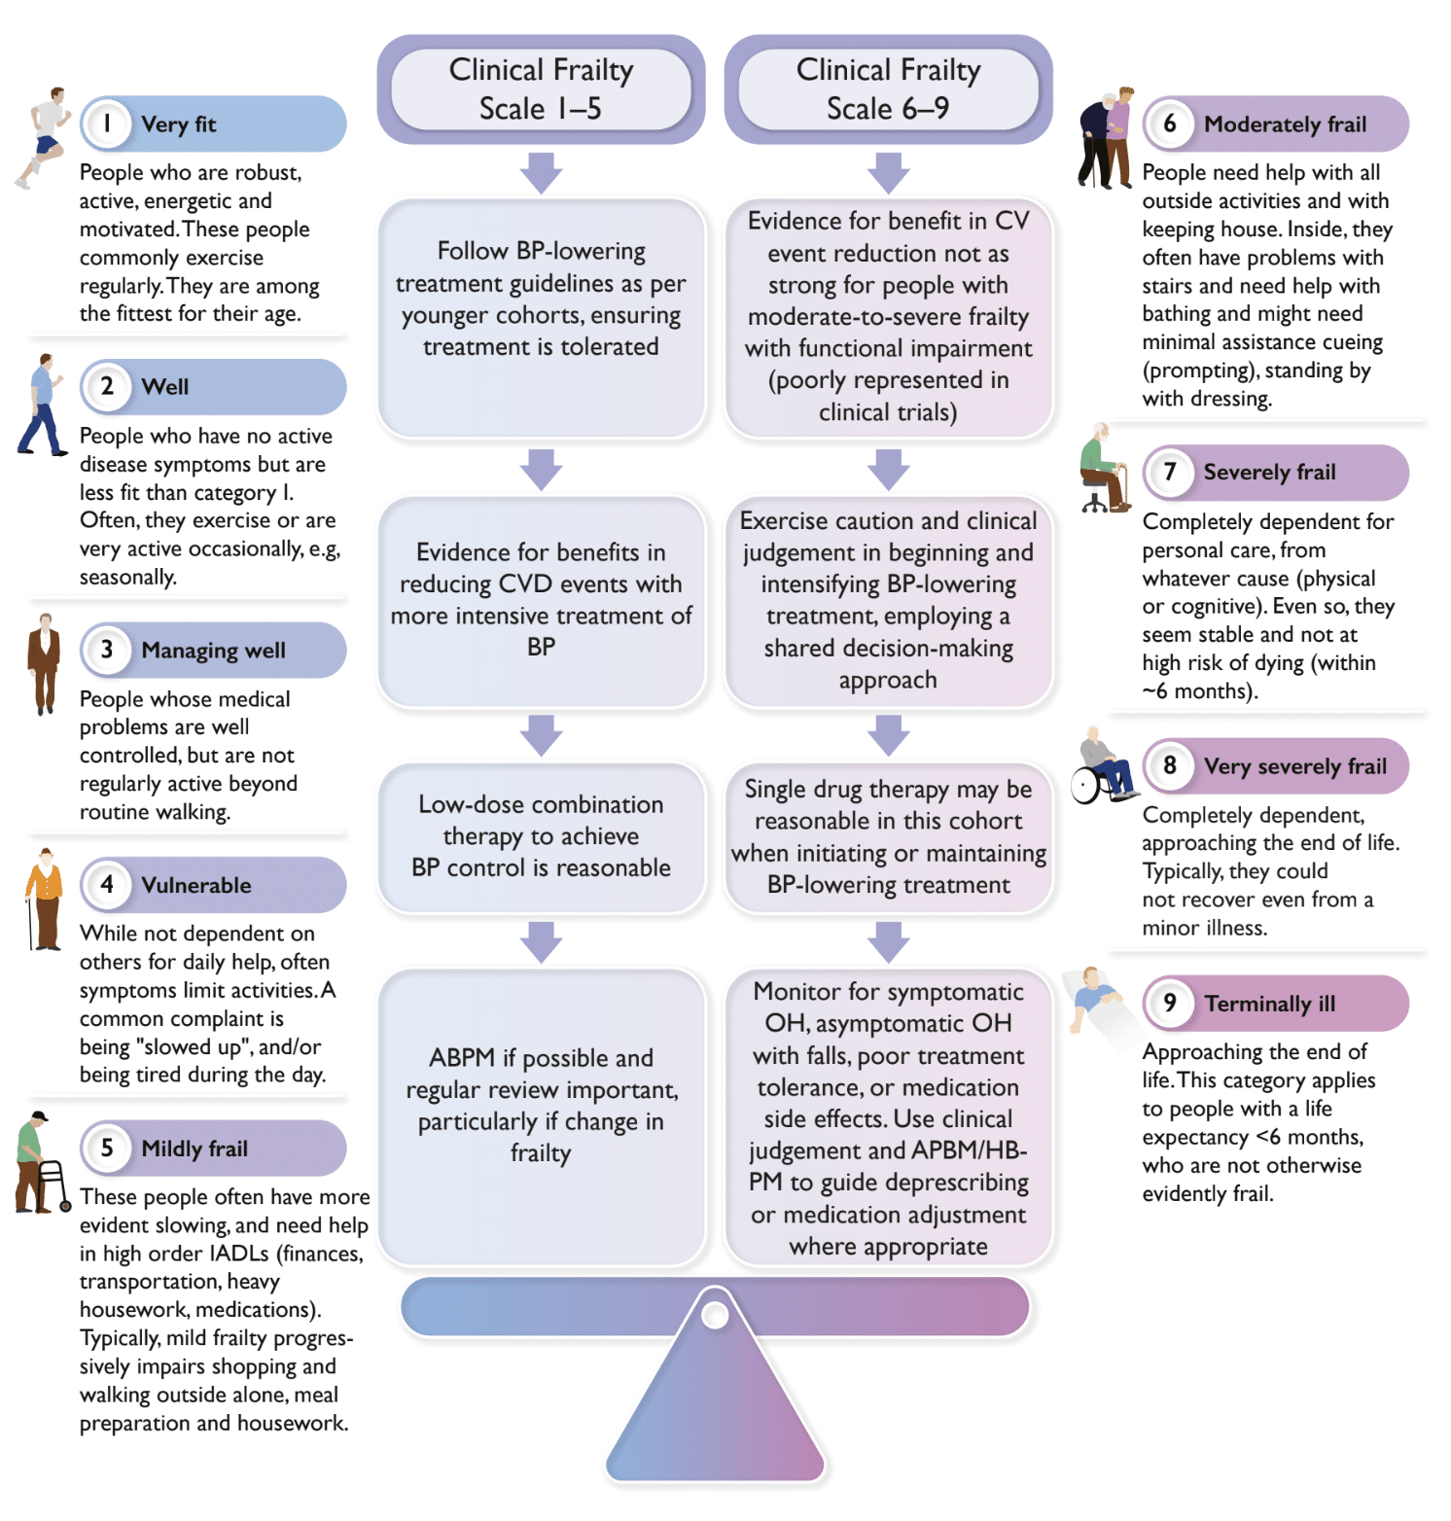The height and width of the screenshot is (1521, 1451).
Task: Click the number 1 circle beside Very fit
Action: [x=107, y=124]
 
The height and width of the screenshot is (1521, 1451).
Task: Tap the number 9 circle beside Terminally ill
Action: [x=1170, y=1003]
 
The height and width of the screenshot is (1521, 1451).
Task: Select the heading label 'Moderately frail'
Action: [x=1285, y=124]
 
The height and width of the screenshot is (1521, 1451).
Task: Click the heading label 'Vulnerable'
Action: [x=196, y=885]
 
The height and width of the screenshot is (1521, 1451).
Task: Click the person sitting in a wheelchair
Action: [x=1104, y=768]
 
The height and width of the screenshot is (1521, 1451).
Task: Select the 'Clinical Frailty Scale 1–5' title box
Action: [x=541, y=89]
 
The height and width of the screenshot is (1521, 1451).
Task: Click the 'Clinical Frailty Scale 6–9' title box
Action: [x=888, y=89]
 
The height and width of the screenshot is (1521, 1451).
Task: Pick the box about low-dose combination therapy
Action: [x=541, y=836]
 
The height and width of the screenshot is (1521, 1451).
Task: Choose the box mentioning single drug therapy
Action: [x=888, y=836]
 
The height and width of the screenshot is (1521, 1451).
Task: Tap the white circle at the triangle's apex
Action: [x=715, y=1316]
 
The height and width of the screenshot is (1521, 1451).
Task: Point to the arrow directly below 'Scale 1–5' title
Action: [x=541, y=172]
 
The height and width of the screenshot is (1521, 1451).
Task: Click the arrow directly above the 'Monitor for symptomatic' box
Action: [x=888, y=941]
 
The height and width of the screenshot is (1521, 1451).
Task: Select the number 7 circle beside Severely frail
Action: [x=1170, y=472]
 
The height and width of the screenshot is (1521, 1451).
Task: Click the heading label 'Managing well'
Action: [x=213, y=650]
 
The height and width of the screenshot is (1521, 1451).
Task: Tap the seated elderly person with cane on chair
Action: [x=1103, y=469]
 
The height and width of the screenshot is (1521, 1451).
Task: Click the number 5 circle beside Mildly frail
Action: [x=107, y=1148]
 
